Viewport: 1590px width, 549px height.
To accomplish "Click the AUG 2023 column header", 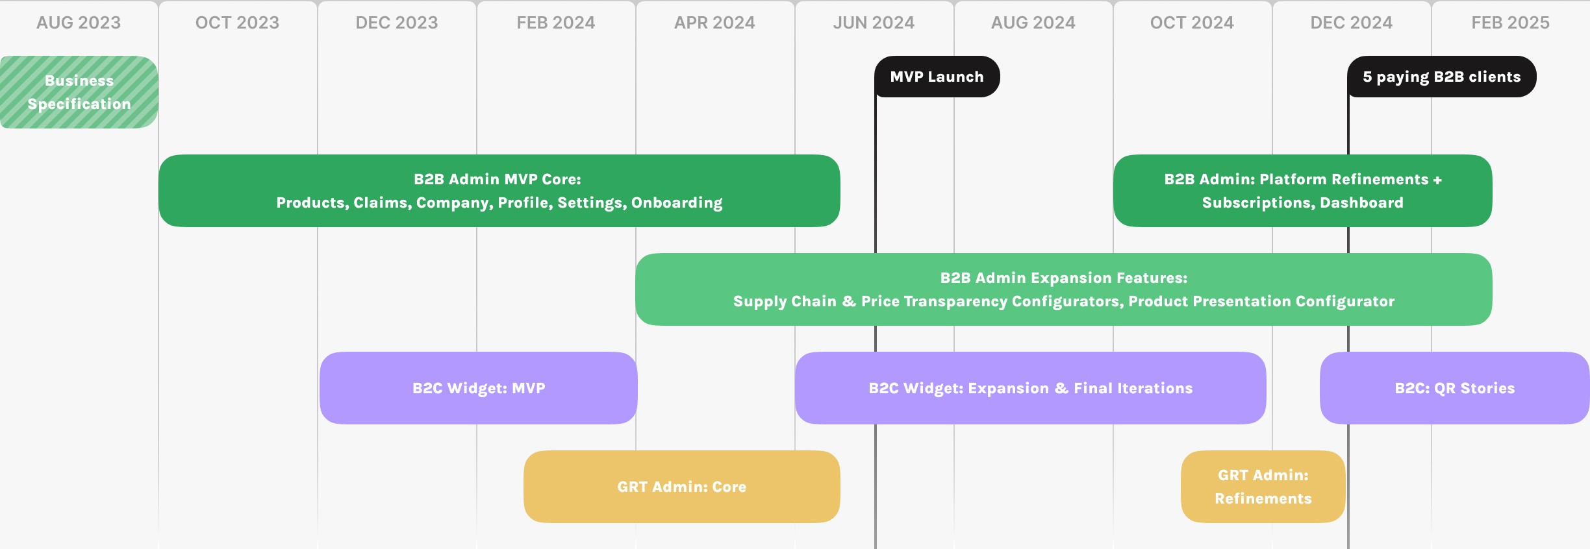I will coord(79,23).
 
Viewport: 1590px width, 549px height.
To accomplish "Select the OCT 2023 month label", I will coord(237,23).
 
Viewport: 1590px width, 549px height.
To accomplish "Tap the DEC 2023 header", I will coord(397,23).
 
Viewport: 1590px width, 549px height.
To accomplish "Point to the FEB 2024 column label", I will coord(556,23).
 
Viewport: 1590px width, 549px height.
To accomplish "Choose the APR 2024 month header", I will coord(714,23).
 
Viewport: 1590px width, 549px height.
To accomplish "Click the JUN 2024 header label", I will coord(874,23).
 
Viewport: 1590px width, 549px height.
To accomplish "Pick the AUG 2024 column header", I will coord(1033,23).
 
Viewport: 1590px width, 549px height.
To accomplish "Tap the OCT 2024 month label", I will coord(1192,23).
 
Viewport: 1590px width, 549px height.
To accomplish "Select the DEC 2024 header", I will coord(1352,23).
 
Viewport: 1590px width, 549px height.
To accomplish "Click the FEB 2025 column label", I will coord(1511,23).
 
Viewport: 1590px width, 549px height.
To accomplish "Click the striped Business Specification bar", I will coord(79,92).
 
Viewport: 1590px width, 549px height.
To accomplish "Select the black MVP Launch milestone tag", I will coord(937,77).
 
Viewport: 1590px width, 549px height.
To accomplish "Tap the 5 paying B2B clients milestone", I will coord(1442,77).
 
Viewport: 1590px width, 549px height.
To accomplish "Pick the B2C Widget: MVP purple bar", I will coord(479,388).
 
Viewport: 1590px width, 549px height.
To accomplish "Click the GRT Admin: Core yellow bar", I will coord(682,487).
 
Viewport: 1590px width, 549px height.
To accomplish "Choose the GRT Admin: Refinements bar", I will coord(1263,487).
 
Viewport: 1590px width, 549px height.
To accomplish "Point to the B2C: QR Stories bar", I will coord(1455,388).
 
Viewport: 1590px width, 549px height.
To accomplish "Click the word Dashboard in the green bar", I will coord(1361,203).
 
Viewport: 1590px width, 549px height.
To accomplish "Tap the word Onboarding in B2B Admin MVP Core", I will coord(677,203).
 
